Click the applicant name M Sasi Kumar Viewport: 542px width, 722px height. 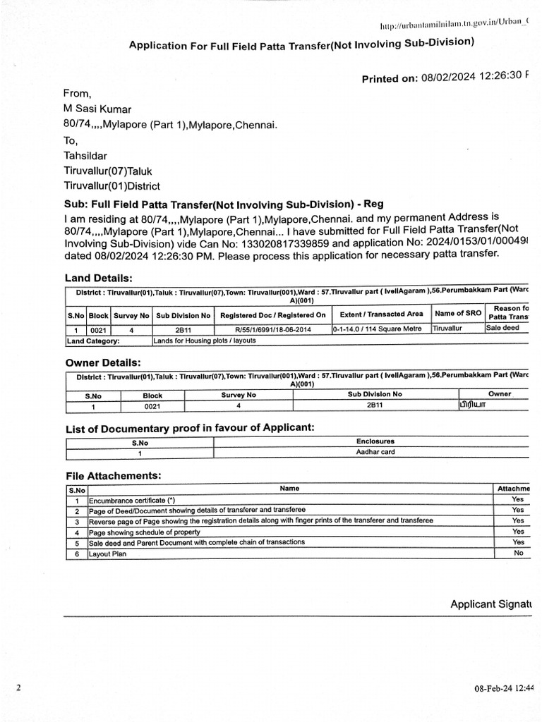(x=97, y=109)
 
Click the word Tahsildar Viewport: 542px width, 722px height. (x=85, y=156)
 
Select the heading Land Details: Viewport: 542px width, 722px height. (x=99, y=279)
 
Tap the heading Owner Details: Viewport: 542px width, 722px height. (x=103, y=362)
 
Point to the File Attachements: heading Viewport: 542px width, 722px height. (x=114, y=476)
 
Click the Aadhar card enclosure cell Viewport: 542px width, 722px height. (x=375, y=453)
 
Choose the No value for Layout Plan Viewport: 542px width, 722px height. (x=518, y=553)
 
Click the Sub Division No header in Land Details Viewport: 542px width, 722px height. (x=183, y=315)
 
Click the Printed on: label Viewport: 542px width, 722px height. (x=390, y=78)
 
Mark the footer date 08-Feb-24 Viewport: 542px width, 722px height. (x=493, y=687)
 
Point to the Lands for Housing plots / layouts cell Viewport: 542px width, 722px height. (x=204, y=341)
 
